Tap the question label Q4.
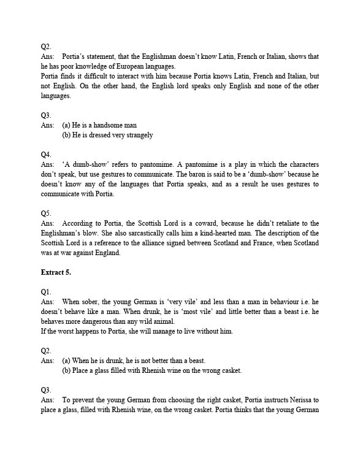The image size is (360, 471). point(46,155)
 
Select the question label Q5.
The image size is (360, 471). point(46,213)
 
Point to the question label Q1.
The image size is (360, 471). point(46,292)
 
